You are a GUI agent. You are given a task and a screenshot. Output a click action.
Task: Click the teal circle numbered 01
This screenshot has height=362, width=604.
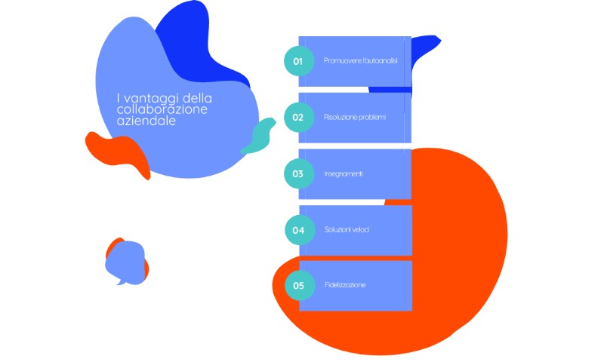[299, 61]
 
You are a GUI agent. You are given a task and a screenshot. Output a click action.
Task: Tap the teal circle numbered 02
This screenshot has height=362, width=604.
[299, 118]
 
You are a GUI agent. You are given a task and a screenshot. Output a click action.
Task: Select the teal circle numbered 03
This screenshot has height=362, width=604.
[299, 173]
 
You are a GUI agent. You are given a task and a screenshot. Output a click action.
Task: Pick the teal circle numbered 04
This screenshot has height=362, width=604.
[300, 230]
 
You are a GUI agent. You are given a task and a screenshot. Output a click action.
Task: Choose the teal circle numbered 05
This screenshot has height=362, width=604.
[300, 285]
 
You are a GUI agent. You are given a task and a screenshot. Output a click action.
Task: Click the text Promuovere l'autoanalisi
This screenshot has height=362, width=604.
[361, 61]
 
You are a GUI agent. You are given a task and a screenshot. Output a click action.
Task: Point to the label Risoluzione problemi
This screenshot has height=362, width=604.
[354, 118]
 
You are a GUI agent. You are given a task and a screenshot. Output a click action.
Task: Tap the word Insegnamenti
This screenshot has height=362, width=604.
[344, 174]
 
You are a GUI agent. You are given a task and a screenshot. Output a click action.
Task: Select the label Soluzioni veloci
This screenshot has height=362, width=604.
[347, 230]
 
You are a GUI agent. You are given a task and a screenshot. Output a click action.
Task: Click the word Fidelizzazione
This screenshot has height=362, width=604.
[345, 285]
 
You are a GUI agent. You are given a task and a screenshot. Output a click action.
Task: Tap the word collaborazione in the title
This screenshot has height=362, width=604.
[162, 109]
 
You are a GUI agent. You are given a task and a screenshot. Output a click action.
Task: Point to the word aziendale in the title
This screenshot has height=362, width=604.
[146, 121]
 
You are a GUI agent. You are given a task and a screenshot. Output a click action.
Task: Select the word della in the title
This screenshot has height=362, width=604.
[198, 98]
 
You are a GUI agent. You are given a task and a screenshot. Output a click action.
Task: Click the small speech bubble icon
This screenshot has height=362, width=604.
[125, 262]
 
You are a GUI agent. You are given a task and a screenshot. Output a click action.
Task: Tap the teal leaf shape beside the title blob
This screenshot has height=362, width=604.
[259, 137]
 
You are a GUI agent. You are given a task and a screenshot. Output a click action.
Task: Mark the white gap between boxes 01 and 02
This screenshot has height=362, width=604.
[333, 90]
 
